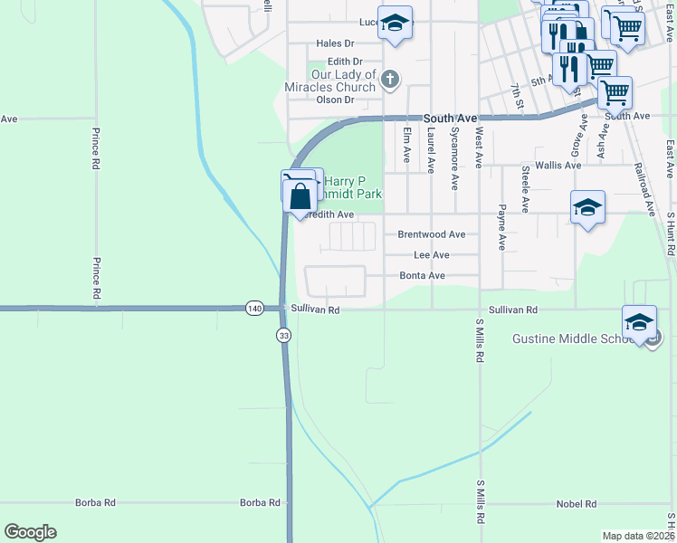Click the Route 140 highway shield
(254, 309)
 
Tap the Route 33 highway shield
(284, 336)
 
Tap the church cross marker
(390, 80)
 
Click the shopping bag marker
(300, 195)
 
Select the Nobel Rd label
(577, 503)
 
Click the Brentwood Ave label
(432, 234)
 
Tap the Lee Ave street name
(431, 256)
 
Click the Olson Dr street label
(336, 100)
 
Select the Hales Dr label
(335, 43)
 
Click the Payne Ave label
(501, 227)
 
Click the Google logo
(30, 532)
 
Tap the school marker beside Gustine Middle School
(639, 322)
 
